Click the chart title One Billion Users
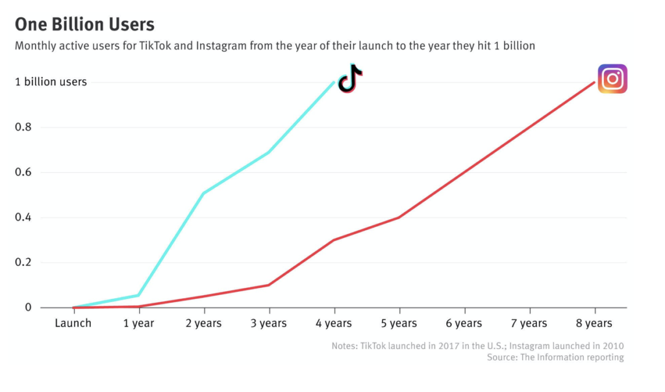pyautogui.click(x=84, y=25)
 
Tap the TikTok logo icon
pyautogui.click(x=350, y=79)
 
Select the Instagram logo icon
pyautogui.click(x=612, y=79)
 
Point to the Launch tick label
pyautogui.click(x=73, y=323)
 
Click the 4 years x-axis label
pyautogui.click(x=334, y=323)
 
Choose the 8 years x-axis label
pyautogui.click(x=594, y=323)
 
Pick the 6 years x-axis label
pyautogui.click(x=464, y=323)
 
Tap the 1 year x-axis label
pyautogui.click(x=138, y=323)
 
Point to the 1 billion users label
pyautogui.click(x=51, y=82)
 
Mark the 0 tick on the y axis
pyautogui.click(x=28, y=307)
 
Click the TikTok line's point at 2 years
pyautogui.click(x=203, y=193)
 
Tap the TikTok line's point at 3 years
pyautogui.click(x=269, y=152)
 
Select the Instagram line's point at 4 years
pyautogui.click(x=334, y=240)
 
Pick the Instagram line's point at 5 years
pyautogui.click(x=399, y=217)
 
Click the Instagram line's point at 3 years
pyautogui.click(x=269, y=285)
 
